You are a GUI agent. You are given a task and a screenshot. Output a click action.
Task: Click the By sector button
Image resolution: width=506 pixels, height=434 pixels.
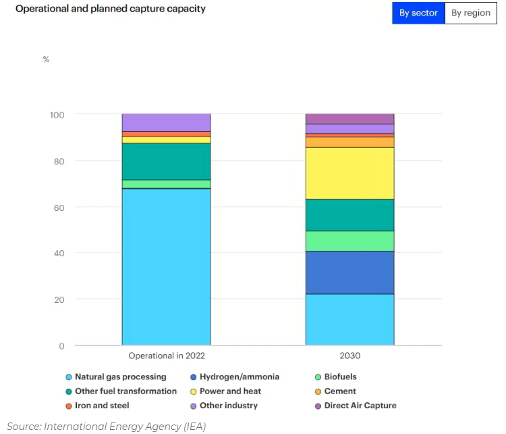418,13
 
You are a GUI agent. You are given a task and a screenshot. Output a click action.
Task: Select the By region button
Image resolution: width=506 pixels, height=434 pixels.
471,13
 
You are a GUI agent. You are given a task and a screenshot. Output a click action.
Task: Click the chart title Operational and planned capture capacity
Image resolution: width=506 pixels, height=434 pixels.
111,9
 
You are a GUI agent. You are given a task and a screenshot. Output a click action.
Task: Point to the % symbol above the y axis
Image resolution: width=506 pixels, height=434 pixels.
46,59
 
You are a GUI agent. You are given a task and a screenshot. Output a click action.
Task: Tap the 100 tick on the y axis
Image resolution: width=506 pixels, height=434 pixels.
57,115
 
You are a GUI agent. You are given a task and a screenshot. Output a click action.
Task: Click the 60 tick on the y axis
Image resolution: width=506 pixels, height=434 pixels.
59,208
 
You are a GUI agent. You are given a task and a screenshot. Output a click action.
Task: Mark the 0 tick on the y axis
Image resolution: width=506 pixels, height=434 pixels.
61,346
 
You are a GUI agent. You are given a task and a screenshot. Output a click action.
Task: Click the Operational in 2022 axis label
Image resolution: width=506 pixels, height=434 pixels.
167,356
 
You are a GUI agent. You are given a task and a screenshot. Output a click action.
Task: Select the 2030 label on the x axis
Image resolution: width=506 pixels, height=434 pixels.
349,356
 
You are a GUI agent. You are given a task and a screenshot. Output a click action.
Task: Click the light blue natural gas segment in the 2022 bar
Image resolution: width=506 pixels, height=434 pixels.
166,267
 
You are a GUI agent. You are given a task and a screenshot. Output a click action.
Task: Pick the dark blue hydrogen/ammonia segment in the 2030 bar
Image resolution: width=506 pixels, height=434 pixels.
349,272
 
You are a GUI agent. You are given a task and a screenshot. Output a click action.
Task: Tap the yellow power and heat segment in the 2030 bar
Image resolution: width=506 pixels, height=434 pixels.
349,173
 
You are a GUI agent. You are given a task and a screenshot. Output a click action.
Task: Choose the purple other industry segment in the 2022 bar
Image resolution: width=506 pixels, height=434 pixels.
166,122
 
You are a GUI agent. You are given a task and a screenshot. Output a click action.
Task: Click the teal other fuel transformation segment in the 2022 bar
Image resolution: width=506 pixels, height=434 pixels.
166,162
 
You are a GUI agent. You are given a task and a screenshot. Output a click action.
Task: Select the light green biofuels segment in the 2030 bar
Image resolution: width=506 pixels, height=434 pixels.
349,241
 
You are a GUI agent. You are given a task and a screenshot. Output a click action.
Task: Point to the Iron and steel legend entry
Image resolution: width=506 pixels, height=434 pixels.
97,406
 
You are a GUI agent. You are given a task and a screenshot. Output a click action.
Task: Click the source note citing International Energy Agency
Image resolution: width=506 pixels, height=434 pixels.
106,426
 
